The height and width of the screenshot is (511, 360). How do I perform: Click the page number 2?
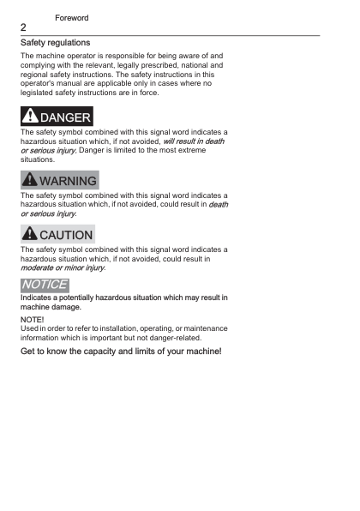click(24, 27)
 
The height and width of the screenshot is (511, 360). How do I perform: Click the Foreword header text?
click(71, 17)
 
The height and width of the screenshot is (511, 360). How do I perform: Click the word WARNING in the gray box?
click(67, 181)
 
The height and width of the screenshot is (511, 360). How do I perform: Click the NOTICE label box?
click(45, 285)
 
